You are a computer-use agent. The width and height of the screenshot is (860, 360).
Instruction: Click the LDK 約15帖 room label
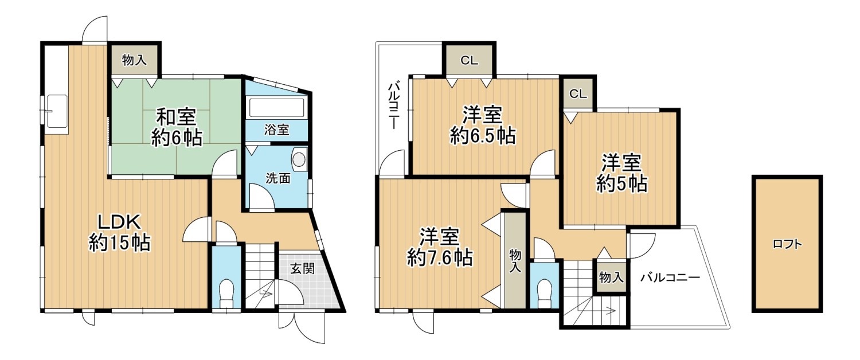119,233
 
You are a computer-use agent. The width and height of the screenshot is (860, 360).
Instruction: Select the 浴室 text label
276,130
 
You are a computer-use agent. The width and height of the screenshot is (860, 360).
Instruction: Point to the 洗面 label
277,178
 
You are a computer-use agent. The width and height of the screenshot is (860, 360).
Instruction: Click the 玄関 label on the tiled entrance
301,268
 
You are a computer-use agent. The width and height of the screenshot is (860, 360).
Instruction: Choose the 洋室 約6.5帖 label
482,125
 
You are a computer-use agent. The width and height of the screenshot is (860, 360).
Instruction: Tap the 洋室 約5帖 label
621,173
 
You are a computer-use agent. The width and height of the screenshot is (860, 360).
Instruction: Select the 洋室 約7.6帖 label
440,246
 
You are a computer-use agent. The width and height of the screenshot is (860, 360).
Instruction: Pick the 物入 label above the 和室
135,60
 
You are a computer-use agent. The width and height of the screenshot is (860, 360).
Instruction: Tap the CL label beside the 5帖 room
578,94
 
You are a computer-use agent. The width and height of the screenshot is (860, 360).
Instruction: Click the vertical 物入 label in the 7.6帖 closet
514,260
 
